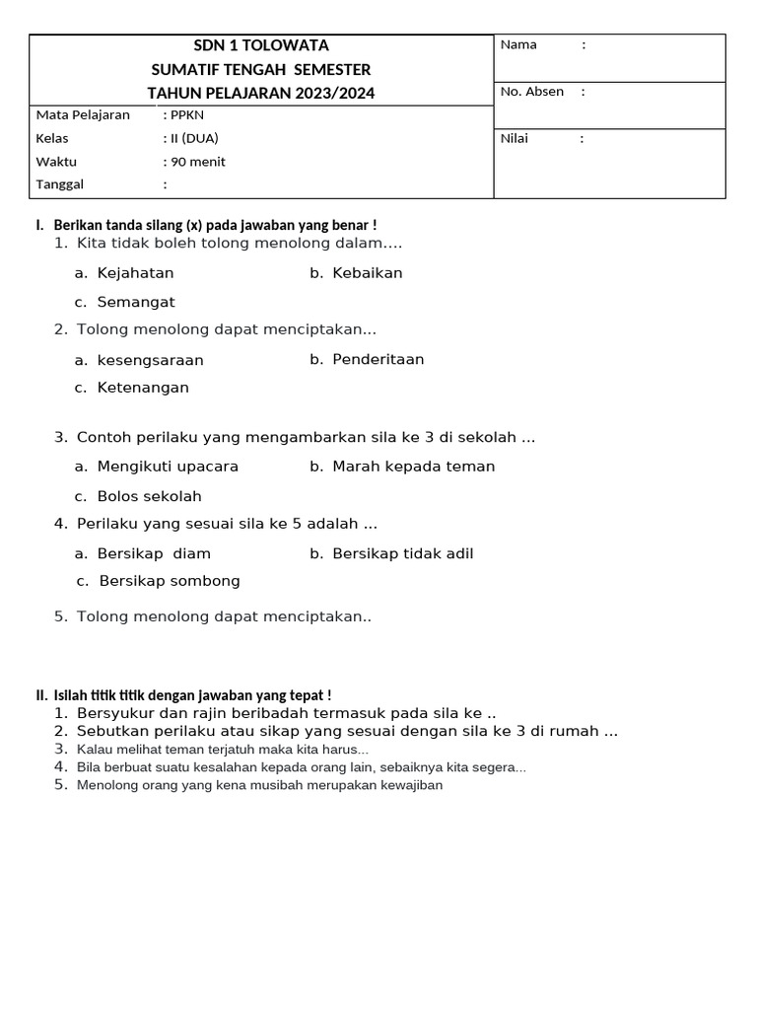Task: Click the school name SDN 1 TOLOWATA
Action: pos(260,45)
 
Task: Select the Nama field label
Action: pos(518,44)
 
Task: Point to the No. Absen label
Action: pos(532,92)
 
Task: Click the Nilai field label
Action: pos(515,138)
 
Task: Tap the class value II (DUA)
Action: pos(194,138)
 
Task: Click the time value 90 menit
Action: pos(198,162)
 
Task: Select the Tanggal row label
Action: pos(60,184)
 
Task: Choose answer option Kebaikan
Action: pos(367,273)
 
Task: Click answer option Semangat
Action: pos(136,302)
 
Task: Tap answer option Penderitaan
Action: pos(378,359)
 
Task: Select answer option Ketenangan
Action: pos(143,388)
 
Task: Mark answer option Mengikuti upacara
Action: pos(168,467)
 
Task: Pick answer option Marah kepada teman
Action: pos(413,467)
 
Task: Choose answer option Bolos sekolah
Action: pos(149,496)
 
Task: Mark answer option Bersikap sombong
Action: pos(170,581)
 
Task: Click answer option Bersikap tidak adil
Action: pos(402,553)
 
